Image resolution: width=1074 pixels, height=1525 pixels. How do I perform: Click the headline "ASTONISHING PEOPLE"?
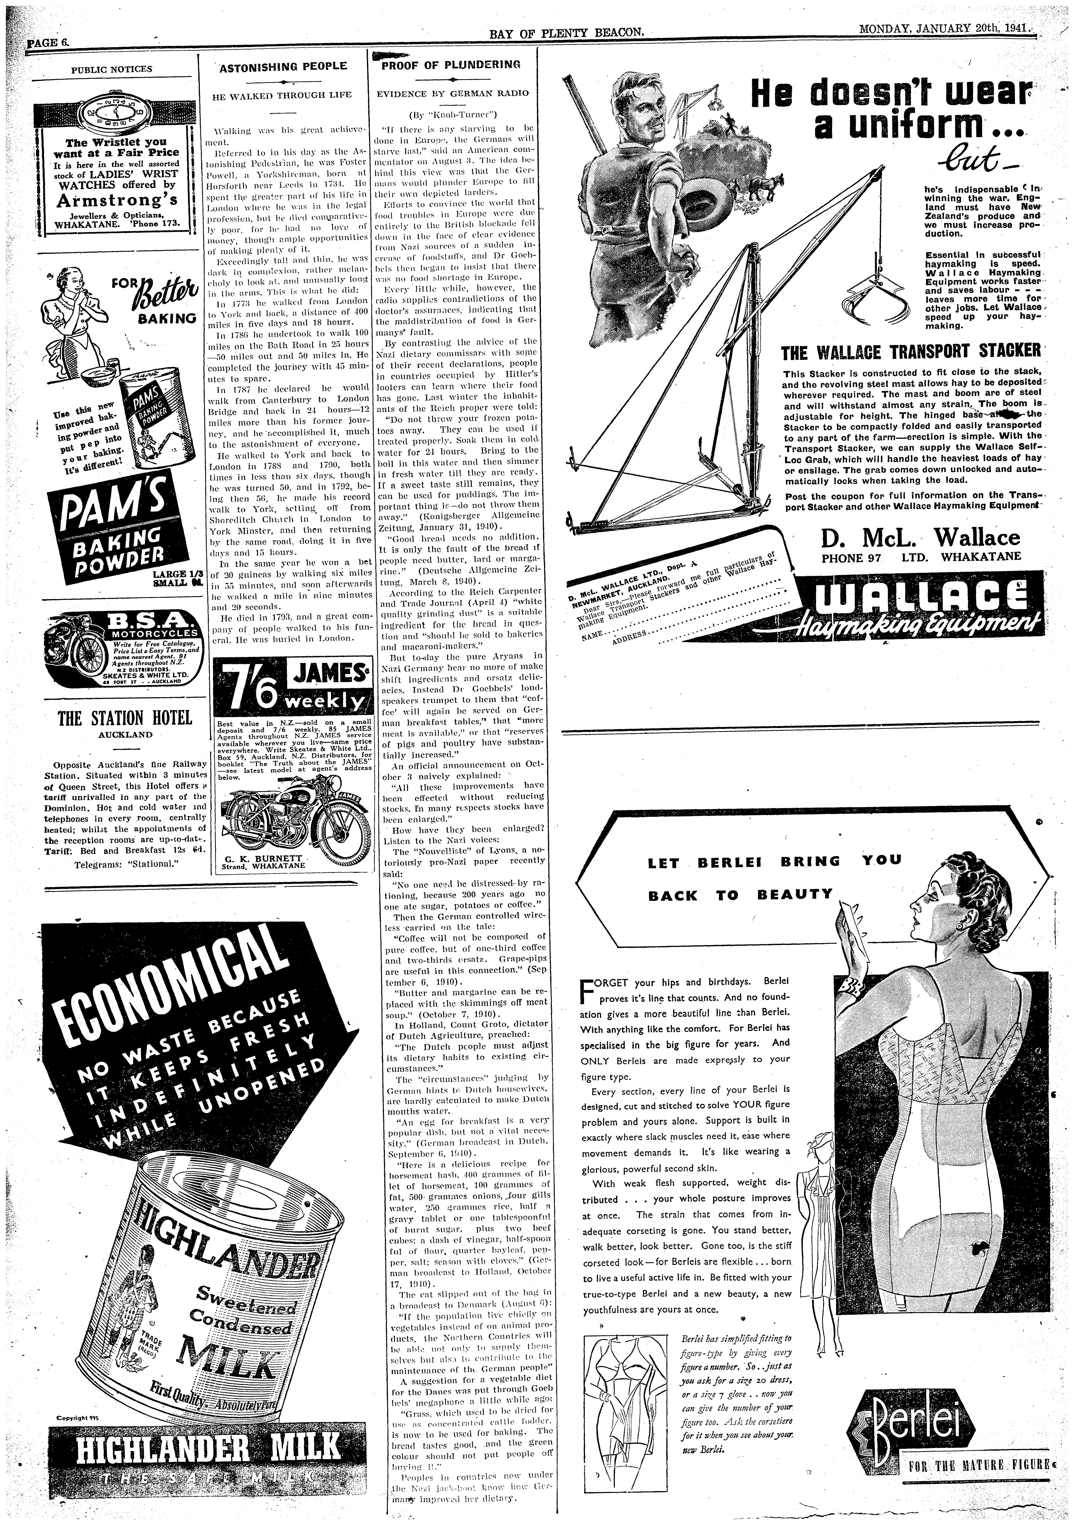[282, 66]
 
